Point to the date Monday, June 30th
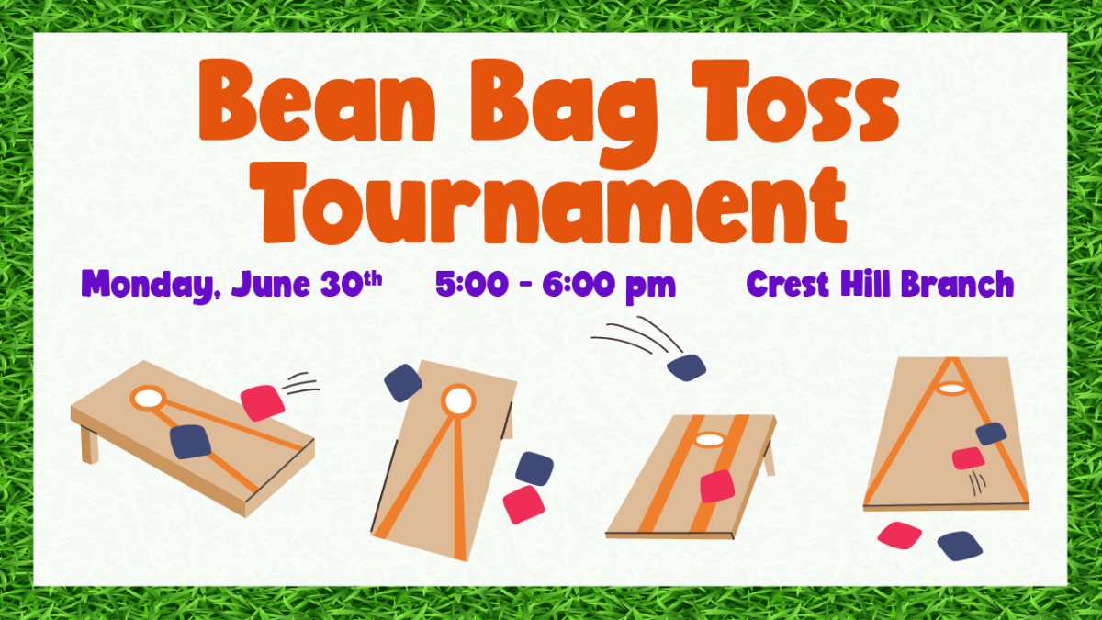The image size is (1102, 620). [231, 285]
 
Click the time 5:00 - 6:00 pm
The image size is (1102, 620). [556, 286]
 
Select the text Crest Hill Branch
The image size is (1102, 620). [880, 285]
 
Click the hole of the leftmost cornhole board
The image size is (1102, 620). [147, 399]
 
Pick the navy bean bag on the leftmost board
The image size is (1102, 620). [190, 442]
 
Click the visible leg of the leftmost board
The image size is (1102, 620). [89, 444]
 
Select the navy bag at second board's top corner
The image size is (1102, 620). [403, 383]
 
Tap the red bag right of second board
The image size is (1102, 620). [523, 504]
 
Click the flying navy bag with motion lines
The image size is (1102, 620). [686, 367]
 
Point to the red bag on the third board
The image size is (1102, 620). [717, 486]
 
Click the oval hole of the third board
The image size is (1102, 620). [709, 440]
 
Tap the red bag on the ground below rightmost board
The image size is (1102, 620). [899, 535]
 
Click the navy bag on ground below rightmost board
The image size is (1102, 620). [960, 545]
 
